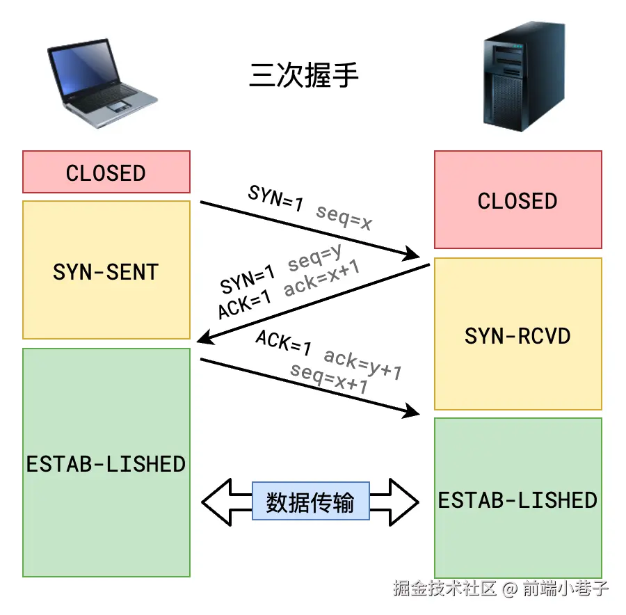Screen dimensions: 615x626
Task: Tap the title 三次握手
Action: pyautogui.click(x=304, y=75)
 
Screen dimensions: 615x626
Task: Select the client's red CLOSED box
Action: pyautogui.click(x=106, y=173)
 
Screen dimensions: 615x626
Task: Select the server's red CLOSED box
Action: pyautogui.click(x=517, y=200)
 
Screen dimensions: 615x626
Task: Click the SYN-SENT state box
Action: pyautogui.click(x=106, y=270)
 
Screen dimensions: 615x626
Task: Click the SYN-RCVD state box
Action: pyautogui.click(x=517, y=335)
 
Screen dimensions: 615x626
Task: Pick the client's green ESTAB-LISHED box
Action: pyautogui.click(x=106, y=463)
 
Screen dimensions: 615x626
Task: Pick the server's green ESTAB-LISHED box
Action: pyautogui.click(x=517, y=499)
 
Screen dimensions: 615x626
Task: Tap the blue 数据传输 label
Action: pyautogui.click(x=310, y=502)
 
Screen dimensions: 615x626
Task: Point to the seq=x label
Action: pyautogui.click(x=344, y=217)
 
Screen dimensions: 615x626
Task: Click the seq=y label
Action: pyautogui.click(x=315, y=258)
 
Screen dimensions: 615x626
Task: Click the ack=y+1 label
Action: pyautogui.click(x=363, y=365)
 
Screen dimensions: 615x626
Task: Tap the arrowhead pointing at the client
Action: pyautogui.click(x=203, y=339)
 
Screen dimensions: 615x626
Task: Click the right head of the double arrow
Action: pyautogui.click(x=408, y=502)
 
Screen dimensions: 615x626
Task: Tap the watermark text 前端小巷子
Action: pyautogui.click(x=566, y=589)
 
